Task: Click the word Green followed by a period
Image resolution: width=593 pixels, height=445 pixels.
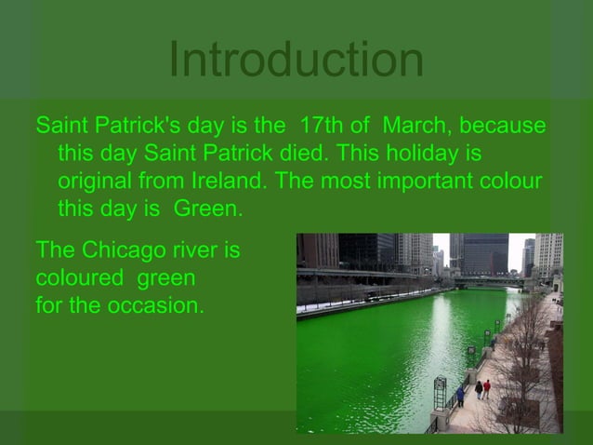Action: pyautogui.click(x=206, y=209)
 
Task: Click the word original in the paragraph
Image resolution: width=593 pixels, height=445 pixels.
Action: pyautogui.click(x=93, y=181)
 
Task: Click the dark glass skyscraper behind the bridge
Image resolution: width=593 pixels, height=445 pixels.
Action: pyautogui.click(x=484, y=252)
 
